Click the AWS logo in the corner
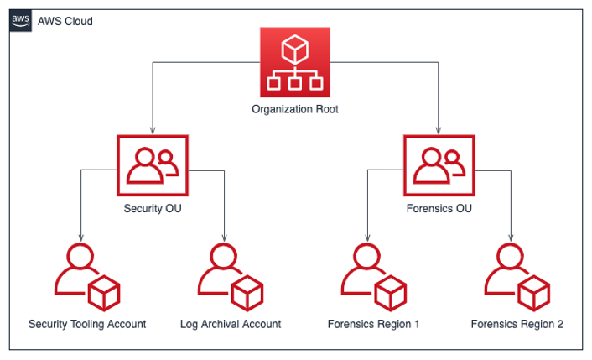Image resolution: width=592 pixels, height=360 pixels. point(21,21)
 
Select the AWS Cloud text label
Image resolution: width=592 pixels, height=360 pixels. point(65,21)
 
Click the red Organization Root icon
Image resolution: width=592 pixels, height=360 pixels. point(295,62)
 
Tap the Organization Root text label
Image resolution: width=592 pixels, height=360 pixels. point(295,109)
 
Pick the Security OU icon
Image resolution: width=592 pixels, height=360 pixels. point(153,164)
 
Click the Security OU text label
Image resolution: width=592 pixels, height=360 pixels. point(153,209)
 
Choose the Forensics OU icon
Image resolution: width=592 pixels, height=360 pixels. point(439,164)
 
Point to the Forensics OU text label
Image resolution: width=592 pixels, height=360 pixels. point(439,209)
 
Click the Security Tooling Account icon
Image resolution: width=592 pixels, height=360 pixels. point(86,278)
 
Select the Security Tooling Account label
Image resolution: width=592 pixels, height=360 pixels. point(87,324)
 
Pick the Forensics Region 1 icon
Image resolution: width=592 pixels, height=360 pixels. point(373,278)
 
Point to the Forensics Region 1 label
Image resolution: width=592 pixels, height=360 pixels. point(373,324)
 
